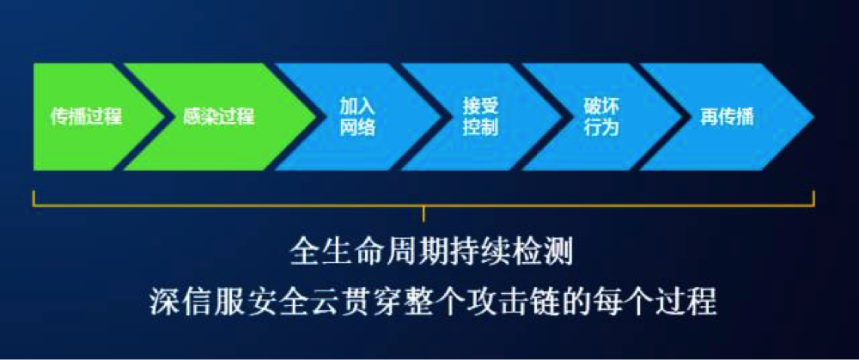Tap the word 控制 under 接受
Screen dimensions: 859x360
pos(480,128)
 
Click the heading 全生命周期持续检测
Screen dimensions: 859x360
pos(432,253)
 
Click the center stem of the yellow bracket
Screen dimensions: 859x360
pos(423,214)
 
